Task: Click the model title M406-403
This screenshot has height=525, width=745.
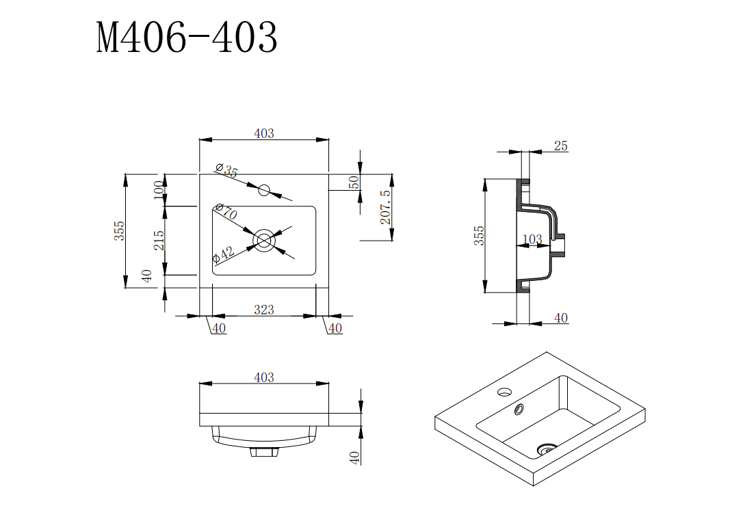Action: point(187,38)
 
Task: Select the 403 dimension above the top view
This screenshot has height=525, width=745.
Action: point(263,133)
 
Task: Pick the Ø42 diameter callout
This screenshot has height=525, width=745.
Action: point(224,254)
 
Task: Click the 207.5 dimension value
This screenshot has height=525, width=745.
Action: point(385,207)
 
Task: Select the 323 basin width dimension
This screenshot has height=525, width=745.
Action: point(263,310)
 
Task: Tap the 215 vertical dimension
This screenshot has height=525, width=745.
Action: point(159,240)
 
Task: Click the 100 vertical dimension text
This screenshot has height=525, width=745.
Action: point(159,189)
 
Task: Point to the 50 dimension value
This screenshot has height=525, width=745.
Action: point(354,183)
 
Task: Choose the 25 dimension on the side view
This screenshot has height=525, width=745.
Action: point(561,146)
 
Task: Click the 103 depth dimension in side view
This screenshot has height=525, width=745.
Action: point(532,239)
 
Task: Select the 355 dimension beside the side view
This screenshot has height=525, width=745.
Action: point(479,235)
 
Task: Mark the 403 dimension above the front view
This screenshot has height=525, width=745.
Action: point(263,377)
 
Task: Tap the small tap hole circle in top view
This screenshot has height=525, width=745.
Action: point(264,190)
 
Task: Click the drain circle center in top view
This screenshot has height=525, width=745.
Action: point(264,240)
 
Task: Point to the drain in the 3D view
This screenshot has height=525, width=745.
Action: point(547,449)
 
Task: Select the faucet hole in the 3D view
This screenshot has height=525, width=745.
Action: point(504,392)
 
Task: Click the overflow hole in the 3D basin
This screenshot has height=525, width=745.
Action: point(519,409)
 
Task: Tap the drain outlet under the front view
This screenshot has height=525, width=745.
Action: point(264,451)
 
